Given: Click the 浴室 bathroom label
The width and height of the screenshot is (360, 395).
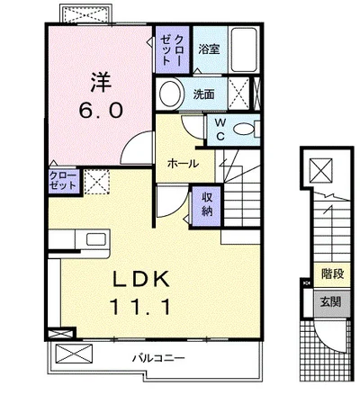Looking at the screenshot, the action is coord(209,49).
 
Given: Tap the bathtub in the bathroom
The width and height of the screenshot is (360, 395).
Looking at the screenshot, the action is coord(244,49).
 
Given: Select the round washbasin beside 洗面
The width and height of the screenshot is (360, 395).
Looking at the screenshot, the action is coord(171,93).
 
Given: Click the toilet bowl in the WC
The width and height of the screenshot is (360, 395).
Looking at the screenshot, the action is coord(244,130).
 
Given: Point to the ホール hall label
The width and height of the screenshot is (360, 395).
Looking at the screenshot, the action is coord(183,164).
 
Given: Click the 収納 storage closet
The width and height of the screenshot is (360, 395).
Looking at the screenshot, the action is coord(207,205).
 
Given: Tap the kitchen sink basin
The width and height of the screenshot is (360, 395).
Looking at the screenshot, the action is coord(96,239).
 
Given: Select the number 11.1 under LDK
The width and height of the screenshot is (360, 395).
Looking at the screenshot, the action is coord(140,306).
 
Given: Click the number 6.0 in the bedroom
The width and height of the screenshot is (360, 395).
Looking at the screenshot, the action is coord(101,111).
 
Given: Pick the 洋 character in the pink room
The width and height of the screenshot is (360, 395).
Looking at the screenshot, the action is coord(101,81).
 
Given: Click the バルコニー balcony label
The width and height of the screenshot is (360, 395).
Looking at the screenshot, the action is coord(158,358).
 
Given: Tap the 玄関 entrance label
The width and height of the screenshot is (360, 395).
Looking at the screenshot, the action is coord(330,301).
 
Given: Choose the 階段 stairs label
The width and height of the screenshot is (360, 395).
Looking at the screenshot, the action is coord(332,274).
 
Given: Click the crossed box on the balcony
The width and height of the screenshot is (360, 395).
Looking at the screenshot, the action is coord(74,354).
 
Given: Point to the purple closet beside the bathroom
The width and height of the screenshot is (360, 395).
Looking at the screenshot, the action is coord(172,49).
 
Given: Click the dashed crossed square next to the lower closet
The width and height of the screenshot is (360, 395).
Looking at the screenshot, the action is coord(96,182).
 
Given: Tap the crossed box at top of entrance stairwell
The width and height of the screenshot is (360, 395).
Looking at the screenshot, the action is coord(321,170).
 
